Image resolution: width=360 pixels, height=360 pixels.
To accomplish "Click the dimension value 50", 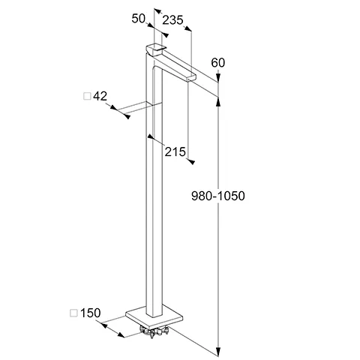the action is [x=139, y=19].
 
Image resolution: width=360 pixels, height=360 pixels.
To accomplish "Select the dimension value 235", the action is [x=172, y=20].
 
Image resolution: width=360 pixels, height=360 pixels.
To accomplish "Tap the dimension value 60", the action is [x=218, y=62].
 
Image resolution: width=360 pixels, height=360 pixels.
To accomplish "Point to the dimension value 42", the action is [x=100, y=96].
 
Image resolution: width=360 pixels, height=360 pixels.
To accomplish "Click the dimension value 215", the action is [x=175, y=151].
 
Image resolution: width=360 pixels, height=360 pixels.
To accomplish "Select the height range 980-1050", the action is [x=218, y=196].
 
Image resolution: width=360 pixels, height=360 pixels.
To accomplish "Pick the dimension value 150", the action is [x=90, y=313].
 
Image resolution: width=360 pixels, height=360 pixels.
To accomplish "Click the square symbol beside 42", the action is [x=87, y=96].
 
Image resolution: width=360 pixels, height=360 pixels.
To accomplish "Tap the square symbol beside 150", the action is [x=73, y=313].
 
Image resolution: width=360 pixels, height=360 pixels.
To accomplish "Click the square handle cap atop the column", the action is [x=156, y=49].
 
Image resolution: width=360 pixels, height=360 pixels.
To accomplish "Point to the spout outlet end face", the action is [x=191, y=78].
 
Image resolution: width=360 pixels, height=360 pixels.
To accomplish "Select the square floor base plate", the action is [x=154, y=317].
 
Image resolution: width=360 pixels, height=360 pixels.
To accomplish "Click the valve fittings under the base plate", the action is [x=154, y=331].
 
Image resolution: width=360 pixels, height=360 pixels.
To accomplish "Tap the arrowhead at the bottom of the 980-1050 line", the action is [x=218, y=351].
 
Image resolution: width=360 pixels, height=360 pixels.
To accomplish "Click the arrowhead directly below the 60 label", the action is [x=218, y=77].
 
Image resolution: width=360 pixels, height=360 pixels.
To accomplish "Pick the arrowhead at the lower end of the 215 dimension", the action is [x=191, y=161].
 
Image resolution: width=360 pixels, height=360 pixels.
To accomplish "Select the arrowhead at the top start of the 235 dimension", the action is [x=157, y=11].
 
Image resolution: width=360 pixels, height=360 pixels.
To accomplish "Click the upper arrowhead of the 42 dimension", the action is [x=113, y=107].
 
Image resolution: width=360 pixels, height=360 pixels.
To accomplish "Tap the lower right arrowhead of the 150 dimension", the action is [x=121, y=334].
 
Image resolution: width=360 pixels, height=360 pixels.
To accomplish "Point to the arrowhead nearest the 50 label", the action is [x=150, y=25].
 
